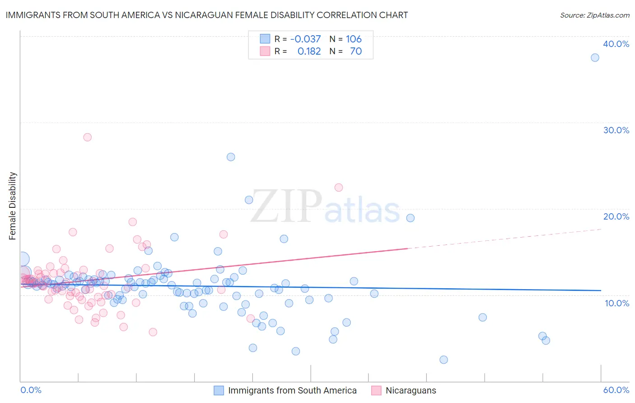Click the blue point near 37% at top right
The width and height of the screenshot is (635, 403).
(x=595, y=57)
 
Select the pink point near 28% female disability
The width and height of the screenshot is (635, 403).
(x=88, y=137)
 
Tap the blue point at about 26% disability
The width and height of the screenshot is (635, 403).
(x=231, y=157)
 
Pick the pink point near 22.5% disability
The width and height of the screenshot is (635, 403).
(x=338, y=187)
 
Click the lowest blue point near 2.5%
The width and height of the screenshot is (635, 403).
(x=444, y=360)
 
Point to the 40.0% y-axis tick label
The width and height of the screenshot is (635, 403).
(x=616, y=44)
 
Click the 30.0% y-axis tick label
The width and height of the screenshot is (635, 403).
(x=616, y=130)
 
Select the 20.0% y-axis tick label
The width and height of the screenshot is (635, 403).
(x=616, y=216)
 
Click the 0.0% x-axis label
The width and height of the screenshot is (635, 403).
(x=31, y=390)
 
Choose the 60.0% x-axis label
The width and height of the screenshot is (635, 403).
(x=616, y=390)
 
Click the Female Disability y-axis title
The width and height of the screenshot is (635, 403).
(x=13, y=206)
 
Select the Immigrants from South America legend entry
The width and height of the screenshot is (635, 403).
(x=292, y=390)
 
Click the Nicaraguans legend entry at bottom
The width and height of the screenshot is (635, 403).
(x=411, y=390)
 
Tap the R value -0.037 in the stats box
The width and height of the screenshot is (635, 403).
(x=305, y=39)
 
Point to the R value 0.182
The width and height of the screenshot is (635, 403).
(x=309, y=51)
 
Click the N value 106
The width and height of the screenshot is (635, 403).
(x=354, y=39)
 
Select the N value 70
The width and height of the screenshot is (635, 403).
(x=356, y=51)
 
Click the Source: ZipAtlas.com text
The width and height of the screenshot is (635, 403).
(x=594, y=15)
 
